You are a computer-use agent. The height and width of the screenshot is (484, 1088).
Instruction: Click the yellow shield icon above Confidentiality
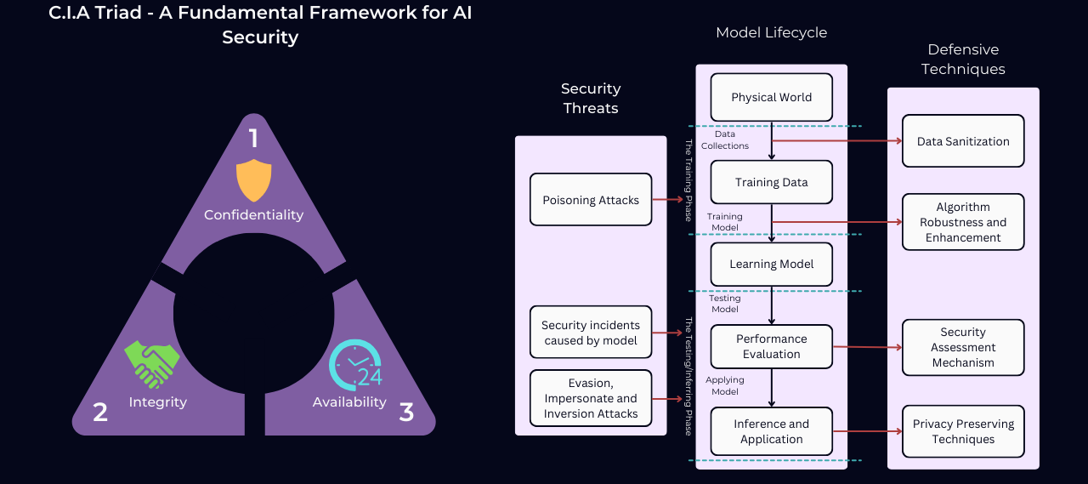pyautogui.click(x=253, y=180)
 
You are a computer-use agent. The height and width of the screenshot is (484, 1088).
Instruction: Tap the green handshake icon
pyautogui.click(x=152, y=365)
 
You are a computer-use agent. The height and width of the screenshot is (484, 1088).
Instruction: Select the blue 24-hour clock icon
pyautogui.click(x=355, y=365)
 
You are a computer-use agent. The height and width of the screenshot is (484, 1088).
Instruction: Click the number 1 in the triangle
pyautogui.click(x=252, y=139)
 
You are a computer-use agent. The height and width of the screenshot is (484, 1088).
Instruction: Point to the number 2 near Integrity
pyautogui.click(x=100, y=413)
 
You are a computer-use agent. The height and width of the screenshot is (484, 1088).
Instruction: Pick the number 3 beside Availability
pyautogui.click(x=406, y=413)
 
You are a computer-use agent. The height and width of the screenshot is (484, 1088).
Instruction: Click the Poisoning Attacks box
pyautogui.click(x=591, y=200)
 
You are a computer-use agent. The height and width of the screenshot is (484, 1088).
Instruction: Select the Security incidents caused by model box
pyautogui.click(x=591, y=333)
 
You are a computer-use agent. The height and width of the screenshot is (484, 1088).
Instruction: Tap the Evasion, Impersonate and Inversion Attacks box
pyautogui.click(x=591, y=398)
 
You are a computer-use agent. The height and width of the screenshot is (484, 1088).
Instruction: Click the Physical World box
pyautogui.click(x=771, y=97)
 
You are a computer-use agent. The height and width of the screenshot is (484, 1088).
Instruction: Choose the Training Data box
pyautogui.click(x=771, y=182)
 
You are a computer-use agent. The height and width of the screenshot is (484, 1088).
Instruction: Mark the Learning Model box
pyautogui.click(x=771, y=264)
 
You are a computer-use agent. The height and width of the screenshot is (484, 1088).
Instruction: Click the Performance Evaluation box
pyautogui.click(x=771, y=346)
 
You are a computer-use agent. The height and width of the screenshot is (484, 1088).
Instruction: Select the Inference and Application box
pyautogui.click(x=771, y=431)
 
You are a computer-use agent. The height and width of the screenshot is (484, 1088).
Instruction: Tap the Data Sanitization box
pyautogui.click(x=963, y=141)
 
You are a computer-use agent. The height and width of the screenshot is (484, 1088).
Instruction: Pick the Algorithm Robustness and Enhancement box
pyautogui.click(x=963, y=222)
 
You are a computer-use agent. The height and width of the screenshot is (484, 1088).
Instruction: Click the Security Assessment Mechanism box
pyautogui.click(x=963, y=347)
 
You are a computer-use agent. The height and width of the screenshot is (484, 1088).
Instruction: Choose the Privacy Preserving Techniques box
pyautogui.click(x=963, y=431)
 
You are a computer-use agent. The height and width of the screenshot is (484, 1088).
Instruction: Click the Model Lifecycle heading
pyautogui.click(x=771, y=32)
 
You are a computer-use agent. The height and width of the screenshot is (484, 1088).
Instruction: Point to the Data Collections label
pyautogui.click(x=725, y=140)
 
